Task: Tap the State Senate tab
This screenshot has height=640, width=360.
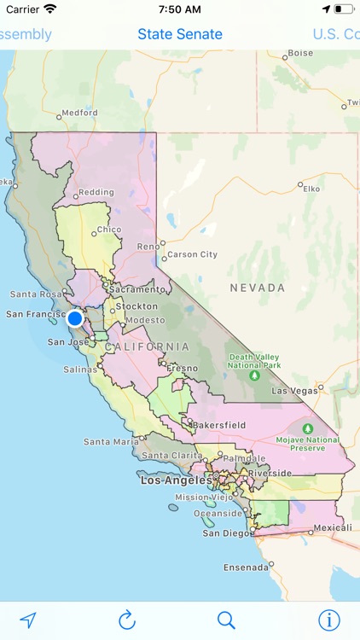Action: [x=180, y=34]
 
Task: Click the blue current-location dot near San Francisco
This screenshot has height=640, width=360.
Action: [x=75, y=318]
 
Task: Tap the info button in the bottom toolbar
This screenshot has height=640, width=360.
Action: [x=328, y=620]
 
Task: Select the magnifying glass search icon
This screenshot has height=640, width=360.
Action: [x=226, y=620]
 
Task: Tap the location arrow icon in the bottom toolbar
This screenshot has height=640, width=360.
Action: [x=28, y=620]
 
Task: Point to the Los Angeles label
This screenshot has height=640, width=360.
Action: [x=176, y=480]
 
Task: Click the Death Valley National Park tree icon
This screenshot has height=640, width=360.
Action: [x=253, y=375]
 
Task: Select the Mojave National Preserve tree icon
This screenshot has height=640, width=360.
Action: [x=307, y=428]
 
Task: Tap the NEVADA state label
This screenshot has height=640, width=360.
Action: [x=258, y=288]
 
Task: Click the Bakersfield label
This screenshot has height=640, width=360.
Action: [x=218, y=424]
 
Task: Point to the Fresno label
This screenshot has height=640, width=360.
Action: [x=182, y=369]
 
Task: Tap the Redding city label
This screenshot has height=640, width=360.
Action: [x=96, y=193]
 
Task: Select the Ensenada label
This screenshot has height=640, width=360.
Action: [x=246, y=567]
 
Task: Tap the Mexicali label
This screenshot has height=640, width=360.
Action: [x=332, y=527]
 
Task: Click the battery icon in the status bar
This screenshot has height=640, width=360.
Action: [x=343, y=9]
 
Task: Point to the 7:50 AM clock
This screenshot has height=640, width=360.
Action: [x=179, y=9]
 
